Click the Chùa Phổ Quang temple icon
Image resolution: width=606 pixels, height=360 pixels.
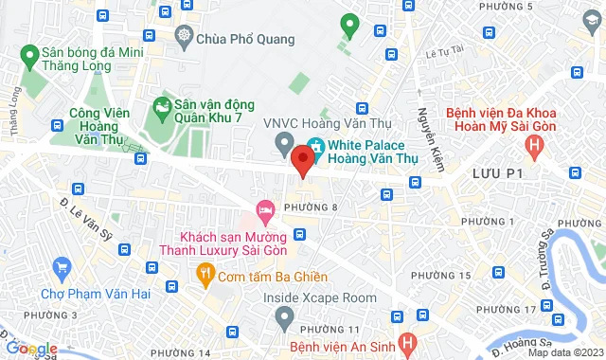click(184, 39)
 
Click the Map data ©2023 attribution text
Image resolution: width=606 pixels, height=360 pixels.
click(564, 353)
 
